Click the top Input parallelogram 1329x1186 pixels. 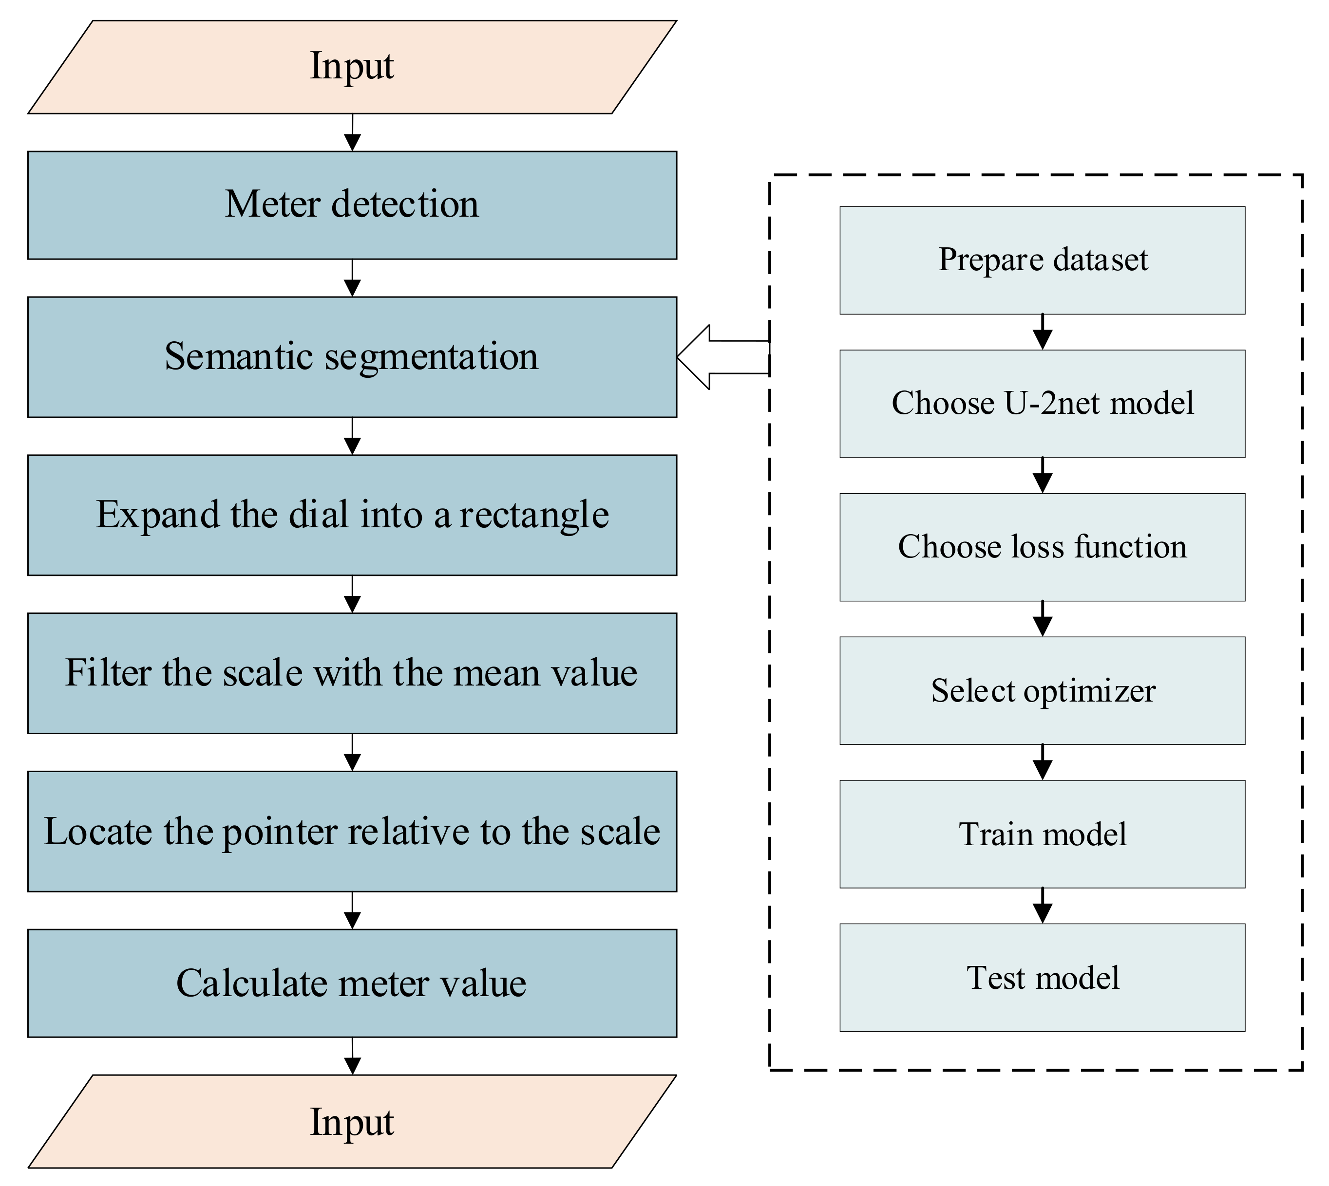point(352,67)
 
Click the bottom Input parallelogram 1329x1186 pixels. point(352,1123)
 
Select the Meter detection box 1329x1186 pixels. point(352,205)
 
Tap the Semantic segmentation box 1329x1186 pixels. point(352,357)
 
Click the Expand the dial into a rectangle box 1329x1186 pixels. point(352,515)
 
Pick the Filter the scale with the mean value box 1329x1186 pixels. point(352,673)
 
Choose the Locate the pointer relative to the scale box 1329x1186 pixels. point(352,832)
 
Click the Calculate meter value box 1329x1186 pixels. point(352,982)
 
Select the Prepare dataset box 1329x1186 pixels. point(1042,260)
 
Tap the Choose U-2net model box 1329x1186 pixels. point(1042,404)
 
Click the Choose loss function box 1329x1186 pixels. point(1042,547)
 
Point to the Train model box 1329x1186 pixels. point(1042,834)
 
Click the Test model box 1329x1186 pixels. point(1042,978)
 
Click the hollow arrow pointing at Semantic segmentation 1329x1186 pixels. point(717,357)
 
